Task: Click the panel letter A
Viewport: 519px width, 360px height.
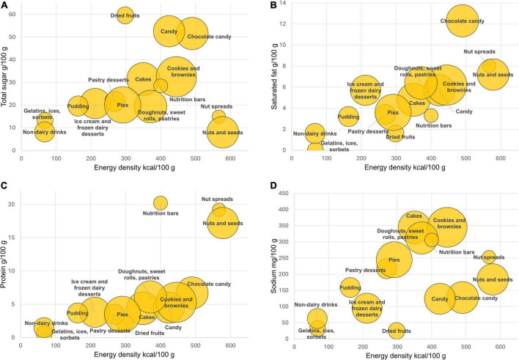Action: (4, 4)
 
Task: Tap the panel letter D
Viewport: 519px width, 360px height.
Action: (273, 185)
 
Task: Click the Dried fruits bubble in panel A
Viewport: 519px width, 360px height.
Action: (125, 15)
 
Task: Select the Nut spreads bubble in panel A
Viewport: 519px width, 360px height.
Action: (218, 117)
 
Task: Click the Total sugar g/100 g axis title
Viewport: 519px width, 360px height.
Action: (4, 76)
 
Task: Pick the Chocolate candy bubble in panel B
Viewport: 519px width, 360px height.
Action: (463, 21)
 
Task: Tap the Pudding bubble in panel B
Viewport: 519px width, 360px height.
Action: (348, 117)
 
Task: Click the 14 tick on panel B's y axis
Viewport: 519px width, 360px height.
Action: (283, 3)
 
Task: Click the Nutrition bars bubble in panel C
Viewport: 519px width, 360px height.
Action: (161, 203)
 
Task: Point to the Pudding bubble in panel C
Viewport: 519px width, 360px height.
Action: (78, 313)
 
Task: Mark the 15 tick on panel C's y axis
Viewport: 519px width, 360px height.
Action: (12, 238)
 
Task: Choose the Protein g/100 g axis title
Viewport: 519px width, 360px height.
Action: (4, 264)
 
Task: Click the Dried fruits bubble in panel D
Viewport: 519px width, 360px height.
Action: (397, 331)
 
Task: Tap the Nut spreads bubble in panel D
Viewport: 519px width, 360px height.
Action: (489, 257)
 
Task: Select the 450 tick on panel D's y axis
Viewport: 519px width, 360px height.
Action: (283, 193)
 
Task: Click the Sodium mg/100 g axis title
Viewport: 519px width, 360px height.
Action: (273, 265)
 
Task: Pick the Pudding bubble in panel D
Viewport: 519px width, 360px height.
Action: (350, 288)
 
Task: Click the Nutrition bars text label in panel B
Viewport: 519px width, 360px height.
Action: (434, 125)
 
